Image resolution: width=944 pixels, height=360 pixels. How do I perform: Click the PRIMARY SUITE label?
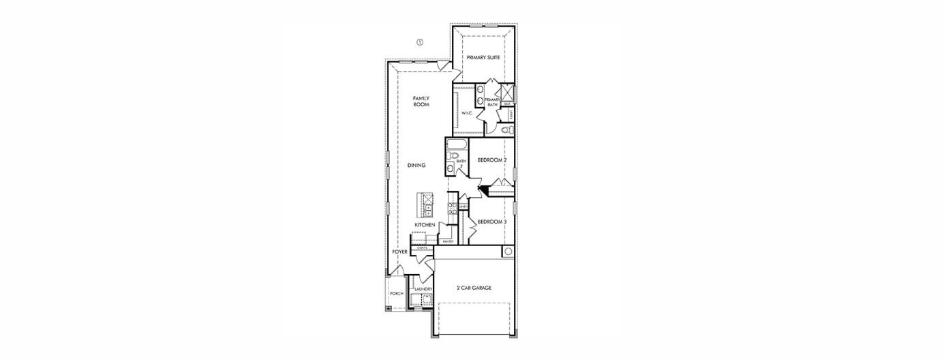tap(484, 58)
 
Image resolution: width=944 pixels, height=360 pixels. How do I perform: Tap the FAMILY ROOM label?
tap(421, 102)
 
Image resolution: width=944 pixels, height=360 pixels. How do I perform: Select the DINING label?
tap(416, 165)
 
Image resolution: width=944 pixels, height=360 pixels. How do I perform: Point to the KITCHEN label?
tap(425, 225)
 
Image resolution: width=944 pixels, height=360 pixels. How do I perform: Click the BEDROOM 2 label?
tap(491, 160)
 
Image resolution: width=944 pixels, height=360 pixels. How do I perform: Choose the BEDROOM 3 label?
tap(491, 222)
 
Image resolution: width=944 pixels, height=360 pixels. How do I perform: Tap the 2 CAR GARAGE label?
tap(474, 288)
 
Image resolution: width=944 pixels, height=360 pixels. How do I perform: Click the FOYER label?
tap(399, 252)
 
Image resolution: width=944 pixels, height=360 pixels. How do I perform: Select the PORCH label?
tap(397, 294)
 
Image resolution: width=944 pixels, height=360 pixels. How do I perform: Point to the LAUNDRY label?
tap(423, 289)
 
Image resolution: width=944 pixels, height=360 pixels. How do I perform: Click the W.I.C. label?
tap(467, 113)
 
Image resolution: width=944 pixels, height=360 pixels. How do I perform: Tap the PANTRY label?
tap(448, 241)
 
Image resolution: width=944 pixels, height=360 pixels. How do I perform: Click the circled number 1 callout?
tap(420, 42)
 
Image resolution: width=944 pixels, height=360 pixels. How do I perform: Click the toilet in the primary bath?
tap(506, 130)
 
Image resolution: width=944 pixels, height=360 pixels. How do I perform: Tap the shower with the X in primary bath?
tap(507, 93)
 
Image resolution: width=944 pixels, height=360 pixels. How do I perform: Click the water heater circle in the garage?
tap(507, 252)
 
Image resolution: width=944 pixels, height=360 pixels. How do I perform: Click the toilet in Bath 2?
tap(454, 155)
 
